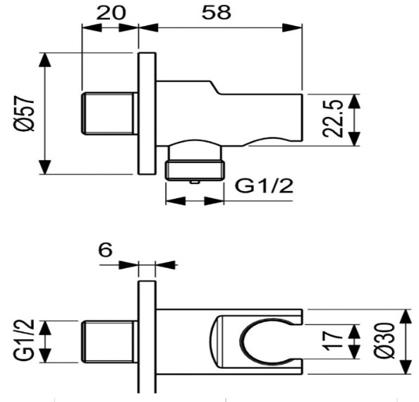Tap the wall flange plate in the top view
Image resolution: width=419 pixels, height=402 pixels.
147,114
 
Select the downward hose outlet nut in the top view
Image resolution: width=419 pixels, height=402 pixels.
194,169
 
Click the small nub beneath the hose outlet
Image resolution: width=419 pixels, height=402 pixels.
195,181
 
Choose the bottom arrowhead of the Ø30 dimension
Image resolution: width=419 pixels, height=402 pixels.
407,371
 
